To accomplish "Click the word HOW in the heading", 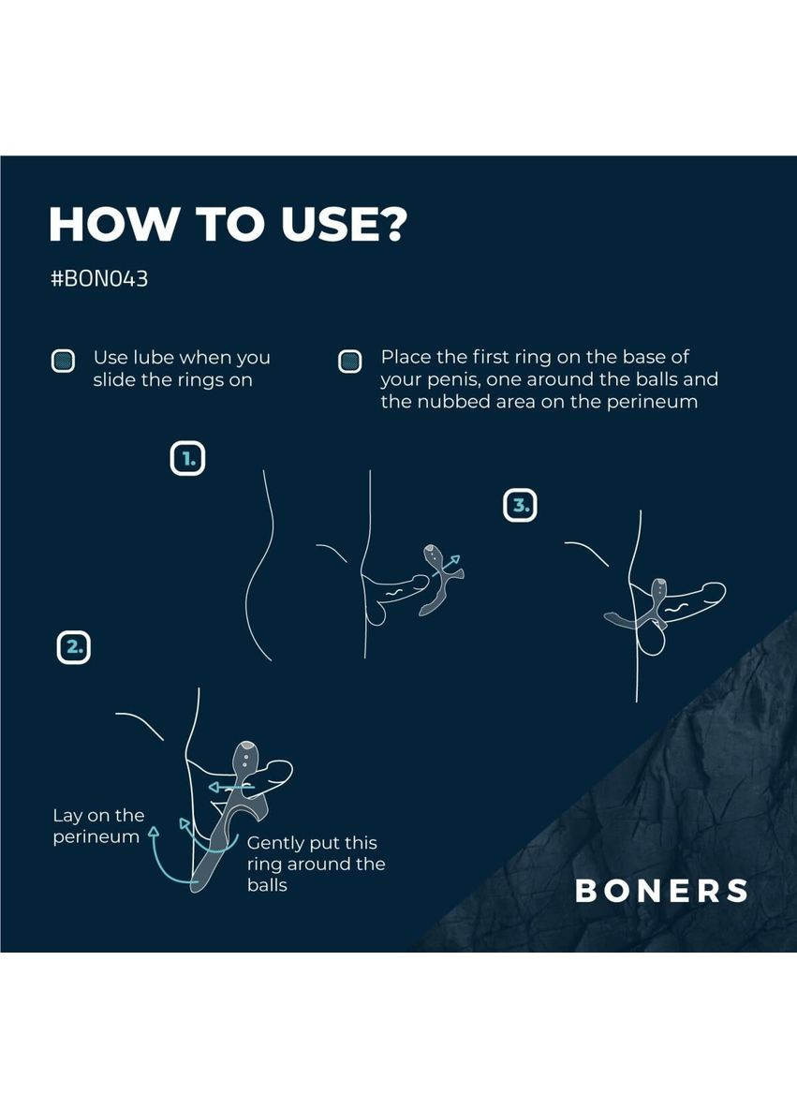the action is (x=111, y=225).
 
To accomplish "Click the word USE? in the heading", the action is (x=345, y=224).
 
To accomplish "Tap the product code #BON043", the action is (x=99, y=279).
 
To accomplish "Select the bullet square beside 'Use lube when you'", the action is (x=63, y=361).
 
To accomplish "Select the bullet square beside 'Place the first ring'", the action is (x=350, y=361).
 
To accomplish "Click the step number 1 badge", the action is (x=187, y=458).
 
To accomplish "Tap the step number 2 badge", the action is (x=74, y=647).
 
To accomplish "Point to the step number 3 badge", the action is (x=520, y=505).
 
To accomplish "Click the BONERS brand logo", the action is (x=662, y=891).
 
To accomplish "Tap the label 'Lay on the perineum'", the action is (x=98, y=826).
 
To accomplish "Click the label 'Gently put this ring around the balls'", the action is (x=317, y=864).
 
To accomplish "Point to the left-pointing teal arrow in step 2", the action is (x=230, y=787).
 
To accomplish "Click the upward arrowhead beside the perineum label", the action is (x=154, y=835).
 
